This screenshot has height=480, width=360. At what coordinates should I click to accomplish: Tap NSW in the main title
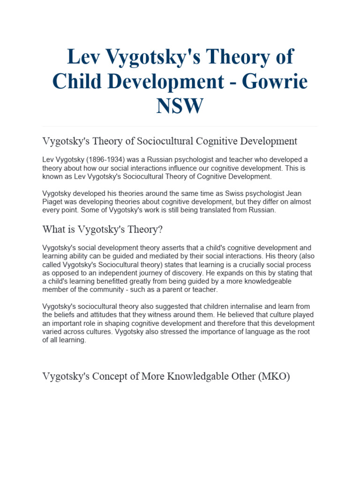tap(180, 105)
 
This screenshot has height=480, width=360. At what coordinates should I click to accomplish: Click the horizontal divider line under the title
tap(180, 126)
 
